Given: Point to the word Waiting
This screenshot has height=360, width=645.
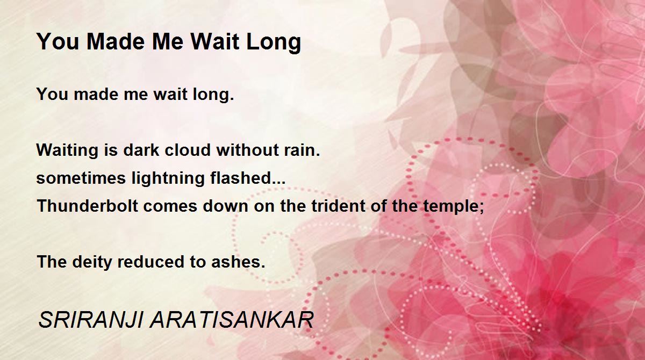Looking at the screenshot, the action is [x=67, y=151].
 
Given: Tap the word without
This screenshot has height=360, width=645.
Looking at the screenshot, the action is [x=247, y=150].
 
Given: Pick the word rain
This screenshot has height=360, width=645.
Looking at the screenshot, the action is [x=302, y=150].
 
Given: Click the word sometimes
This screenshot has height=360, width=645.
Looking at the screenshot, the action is [x=81, y=178].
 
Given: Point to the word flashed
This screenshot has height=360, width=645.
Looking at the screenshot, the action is [x=248, y=178].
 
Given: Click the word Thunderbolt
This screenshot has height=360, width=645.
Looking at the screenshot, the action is [x=88, y=206].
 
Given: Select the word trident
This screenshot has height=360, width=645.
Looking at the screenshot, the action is [x=338, y=206].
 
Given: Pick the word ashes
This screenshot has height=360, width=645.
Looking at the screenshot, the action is [x=238, y=262].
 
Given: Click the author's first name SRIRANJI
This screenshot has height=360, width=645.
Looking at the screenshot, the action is [x=91, y=320].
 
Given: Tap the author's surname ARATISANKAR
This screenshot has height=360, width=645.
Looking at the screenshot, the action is [x=232, y=320].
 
